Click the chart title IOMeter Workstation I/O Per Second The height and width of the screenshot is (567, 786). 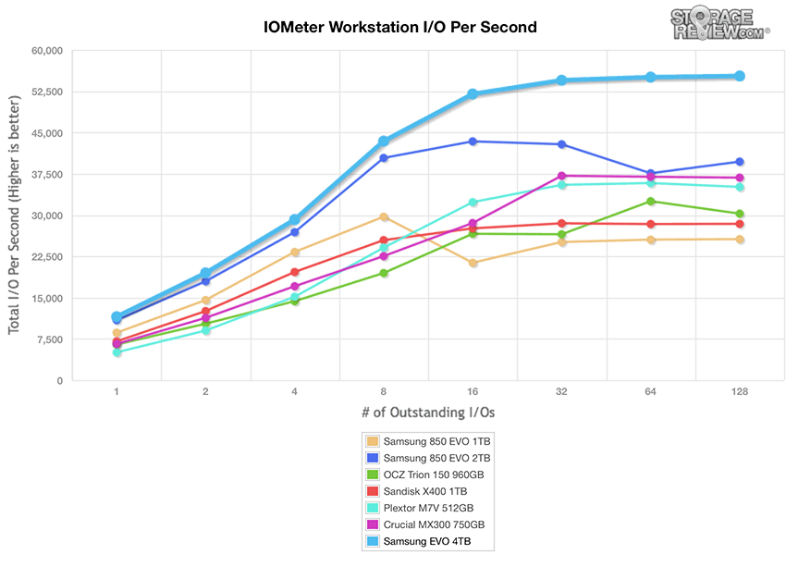(x=399, y=28)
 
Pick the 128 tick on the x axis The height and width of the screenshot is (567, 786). (x=740, y=392)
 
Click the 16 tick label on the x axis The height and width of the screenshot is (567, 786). (x=473, y=392)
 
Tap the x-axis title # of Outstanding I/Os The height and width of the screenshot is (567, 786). (x=428, y=412)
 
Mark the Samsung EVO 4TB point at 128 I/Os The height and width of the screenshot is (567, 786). (x=740, y=76)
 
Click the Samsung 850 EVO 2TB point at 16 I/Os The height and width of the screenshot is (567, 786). (x=473, y=142)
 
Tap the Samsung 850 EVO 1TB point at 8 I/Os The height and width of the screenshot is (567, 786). (x=384, y=216)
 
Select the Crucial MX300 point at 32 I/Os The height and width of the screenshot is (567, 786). (x=561, y=176)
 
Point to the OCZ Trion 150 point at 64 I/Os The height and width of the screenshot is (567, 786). (x=651, y=202)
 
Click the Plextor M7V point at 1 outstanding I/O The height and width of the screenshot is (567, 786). (x=117, y=352)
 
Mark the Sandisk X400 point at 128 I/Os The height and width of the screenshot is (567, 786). (x=740, y=224)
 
